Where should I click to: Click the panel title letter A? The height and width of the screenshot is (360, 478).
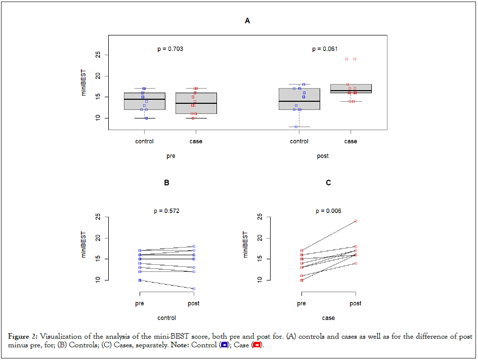[x=247, y=21]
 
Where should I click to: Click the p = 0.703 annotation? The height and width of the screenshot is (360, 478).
[x=170, y=49]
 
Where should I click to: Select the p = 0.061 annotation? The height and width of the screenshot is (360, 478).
[x=325, y=49]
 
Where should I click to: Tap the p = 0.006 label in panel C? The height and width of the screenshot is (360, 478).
[x=328, y=211]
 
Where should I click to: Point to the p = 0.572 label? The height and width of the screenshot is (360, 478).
[x=166, y=211]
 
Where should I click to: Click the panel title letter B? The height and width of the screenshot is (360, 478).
[x=166, y=183]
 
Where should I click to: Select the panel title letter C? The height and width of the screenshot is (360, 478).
[x=328, y=183]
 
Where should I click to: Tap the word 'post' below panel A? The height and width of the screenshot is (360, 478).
[x=323, y=156]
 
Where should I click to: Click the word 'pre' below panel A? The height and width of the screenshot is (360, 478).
[x=171, y=156]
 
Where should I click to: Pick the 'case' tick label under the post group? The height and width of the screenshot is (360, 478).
[x=351, y=141]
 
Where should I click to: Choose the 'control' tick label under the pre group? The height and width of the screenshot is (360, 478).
[x=145, y=141]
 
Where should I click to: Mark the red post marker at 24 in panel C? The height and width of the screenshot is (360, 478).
[x=356, y=221]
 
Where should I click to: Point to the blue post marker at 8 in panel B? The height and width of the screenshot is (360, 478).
[x=194, y=289]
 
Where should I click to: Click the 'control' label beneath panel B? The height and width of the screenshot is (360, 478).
[x=166, y=318]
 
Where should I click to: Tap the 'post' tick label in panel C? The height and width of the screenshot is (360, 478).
[x=356, y=303]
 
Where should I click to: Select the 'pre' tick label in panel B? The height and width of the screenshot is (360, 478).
[x=140, y=303]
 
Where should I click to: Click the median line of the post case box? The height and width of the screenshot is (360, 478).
[x=351, y=91]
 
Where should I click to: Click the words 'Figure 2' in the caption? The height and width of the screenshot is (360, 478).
[x=23, y=337]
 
